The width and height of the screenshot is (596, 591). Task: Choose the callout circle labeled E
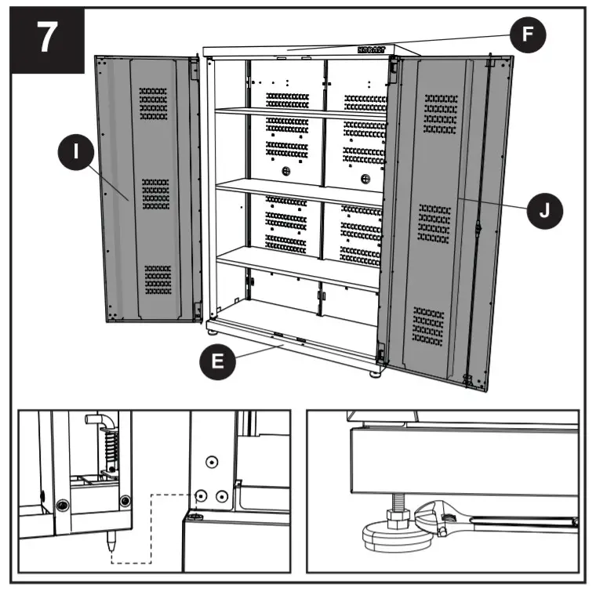coord(220,362)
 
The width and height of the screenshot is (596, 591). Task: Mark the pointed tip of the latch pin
coord(111,540)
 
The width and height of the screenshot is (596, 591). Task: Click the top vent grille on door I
coord(153,103)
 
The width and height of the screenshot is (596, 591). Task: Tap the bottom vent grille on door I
coord(158,279)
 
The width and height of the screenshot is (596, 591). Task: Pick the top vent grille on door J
coord(441,114)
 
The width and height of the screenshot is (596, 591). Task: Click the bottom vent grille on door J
coord(428,325)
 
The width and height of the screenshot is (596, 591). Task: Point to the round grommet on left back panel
coord(285,171)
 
